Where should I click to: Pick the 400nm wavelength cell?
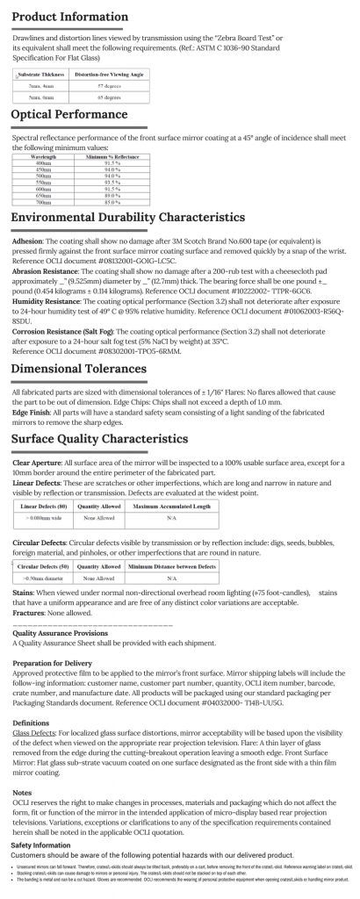click(43, 164)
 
